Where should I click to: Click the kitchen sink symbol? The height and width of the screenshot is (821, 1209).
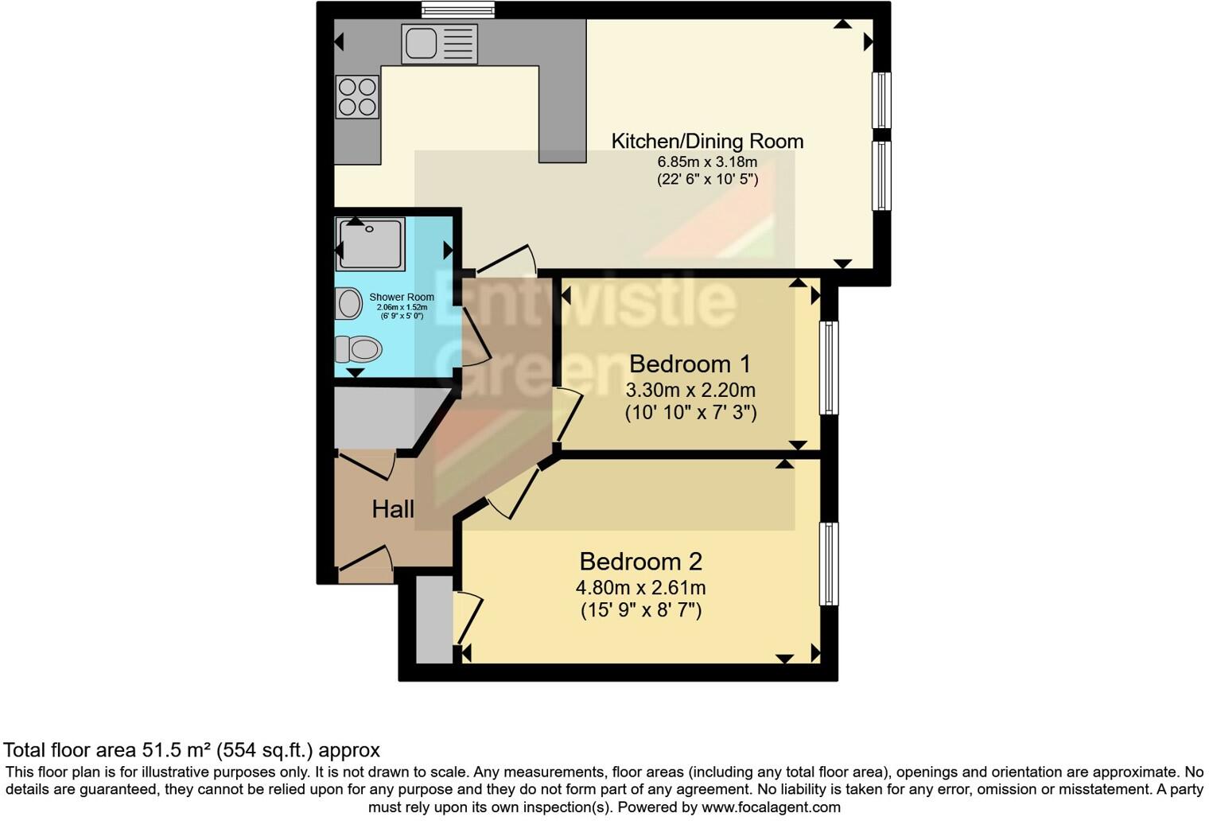tap(439, 43)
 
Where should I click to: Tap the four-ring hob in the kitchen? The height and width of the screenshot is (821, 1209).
tap(356, 96)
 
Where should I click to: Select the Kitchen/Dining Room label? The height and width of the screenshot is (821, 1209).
tap(707, 142)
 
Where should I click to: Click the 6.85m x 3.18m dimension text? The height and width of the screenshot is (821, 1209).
tap(706, 162)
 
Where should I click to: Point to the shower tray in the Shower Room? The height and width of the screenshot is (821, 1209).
tap(371, 243)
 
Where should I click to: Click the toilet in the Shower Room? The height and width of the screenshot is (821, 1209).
tap(360, 348)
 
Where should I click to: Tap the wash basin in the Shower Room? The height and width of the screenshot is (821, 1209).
tap(348, 303)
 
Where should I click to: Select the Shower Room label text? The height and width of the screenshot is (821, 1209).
tap(402, 298)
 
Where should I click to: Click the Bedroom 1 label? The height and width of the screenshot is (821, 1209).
tap(690, 364)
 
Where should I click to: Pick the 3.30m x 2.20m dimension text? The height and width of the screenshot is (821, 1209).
tap(690, 391)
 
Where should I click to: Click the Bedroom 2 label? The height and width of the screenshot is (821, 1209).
tap(640, 562)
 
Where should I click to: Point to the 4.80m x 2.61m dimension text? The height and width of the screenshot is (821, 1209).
tap(640, 588)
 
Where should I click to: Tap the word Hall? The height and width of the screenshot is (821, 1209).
tap(393, 509)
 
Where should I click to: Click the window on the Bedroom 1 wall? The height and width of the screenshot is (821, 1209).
tap(829, 368)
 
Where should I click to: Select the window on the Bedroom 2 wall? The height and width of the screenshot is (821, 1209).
tap(829, 563)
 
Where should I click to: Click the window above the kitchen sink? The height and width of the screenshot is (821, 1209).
tap(457, 10)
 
